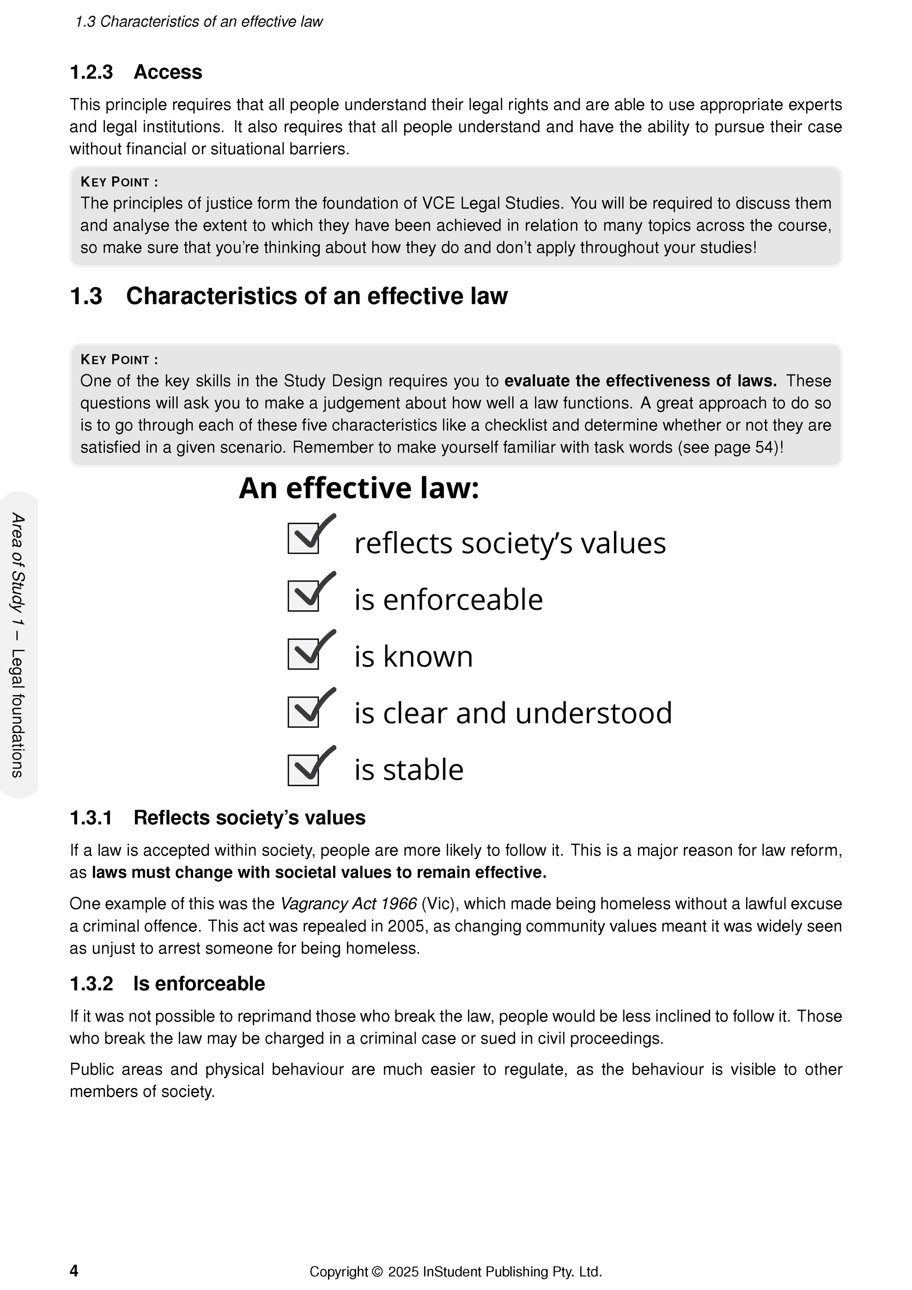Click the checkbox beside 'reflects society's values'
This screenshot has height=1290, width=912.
pyautogui.click(x=304, y=538)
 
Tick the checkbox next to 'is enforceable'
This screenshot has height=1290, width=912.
pyautogui.click(x=304, y=596)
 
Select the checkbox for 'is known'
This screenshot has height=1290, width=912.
pyautogui.click(x=304, y=654)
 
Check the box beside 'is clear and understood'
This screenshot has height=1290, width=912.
pyautogui.click(x=304, y=712)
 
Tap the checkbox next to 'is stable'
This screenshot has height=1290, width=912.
pyautogui.click(x=304, y=770)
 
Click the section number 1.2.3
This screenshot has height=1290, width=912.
pyautogui.click(x=91, y=73)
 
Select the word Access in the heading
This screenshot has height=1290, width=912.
pyautogui.click(x=168, y=73)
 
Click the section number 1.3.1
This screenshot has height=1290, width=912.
pyautogui.click(x=91, y=818)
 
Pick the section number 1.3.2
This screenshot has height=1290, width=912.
pyautogui.click(x=91, y=984)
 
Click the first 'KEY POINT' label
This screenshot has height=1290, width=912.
pyautogui.click(x=119, y=182)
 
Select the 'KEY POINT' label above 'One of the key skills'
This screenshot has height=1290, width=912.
pyautogui.click(x=119, y=360)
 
